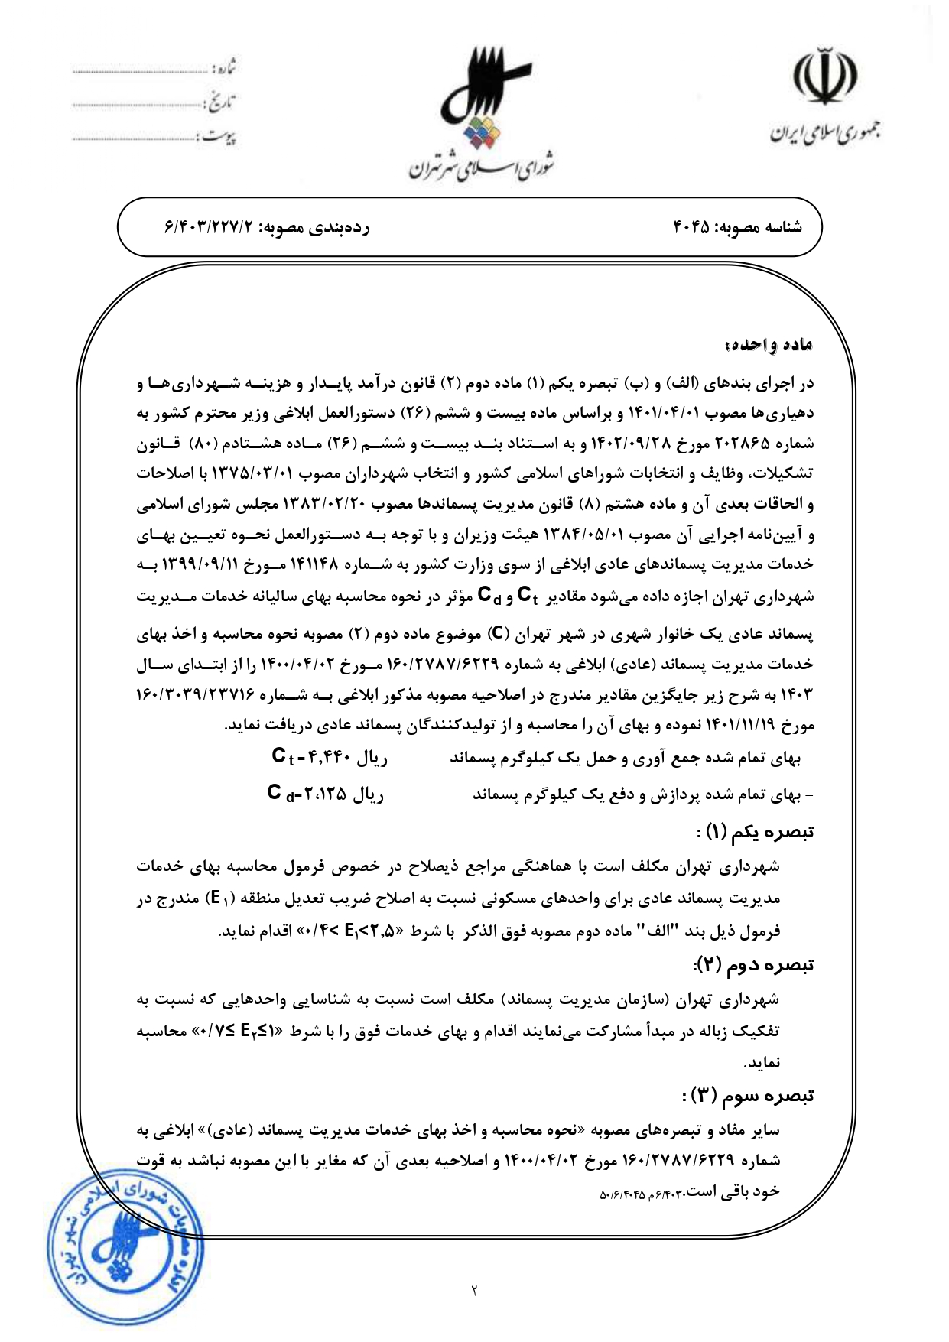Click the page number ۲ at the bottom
(474, 1292)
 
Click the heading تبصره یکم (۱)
(756, 831)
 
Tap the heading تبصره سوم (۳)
(749, 1096)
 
